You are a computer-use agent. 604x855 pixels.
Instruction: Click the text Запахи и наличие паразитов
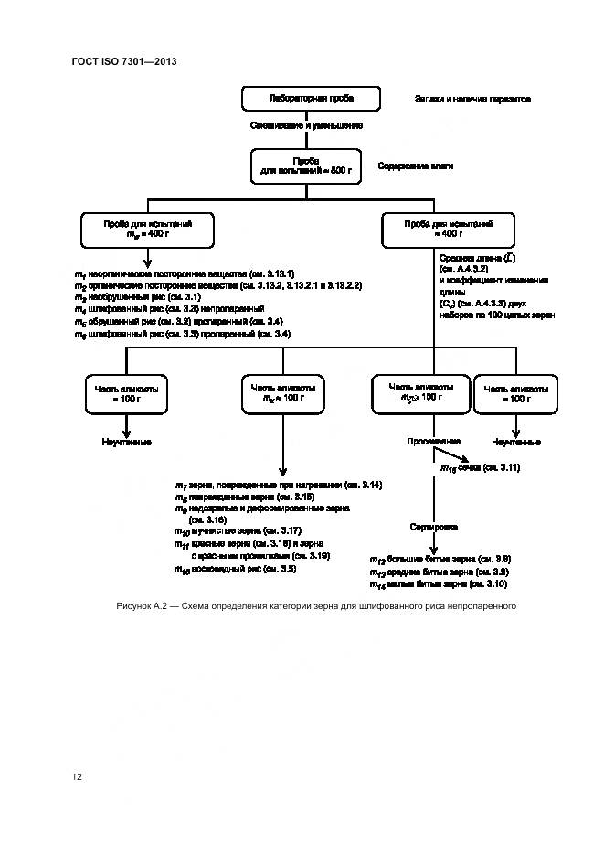472,99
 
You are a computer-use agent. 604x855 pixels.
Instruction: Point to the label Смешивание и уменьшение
306,126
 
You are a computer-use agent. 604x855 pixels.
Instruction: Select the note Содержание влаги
416,166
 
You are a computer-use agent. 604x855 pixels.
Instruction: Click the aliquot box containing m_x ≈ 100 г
282,394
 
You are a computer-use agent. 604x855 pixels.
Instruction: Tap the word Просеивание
433,442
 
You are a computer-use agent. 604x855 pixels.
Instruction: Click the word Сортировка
433,529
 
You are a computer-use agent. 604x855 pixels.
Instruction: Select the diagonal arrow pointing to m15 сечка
451,455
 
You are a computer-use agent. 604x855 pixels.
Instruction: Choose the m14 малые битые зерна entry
437,583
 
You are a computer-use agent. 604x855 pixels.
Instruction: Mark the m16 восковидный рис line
235,569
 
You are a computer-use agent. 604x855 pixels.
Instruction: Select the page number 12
77,776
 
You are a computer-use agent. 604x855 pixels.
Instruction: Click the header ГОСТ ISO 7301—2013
123,61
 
